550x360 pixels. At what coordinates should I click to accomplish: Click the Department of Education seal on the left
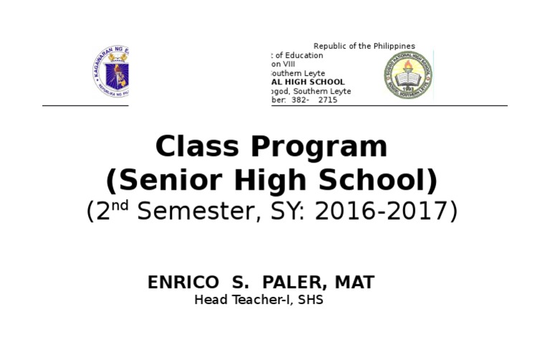[110, 72]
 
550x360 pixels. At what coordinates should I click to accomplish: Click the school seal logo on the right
[407, 74]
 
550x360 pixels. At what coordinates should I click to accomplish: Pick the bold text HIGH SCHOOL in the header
[315, 82]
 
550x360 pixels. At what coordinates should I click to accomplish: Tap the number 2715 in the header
[327, 100]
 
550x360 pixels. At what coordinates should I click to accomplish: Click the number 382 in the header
[299, 100]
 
